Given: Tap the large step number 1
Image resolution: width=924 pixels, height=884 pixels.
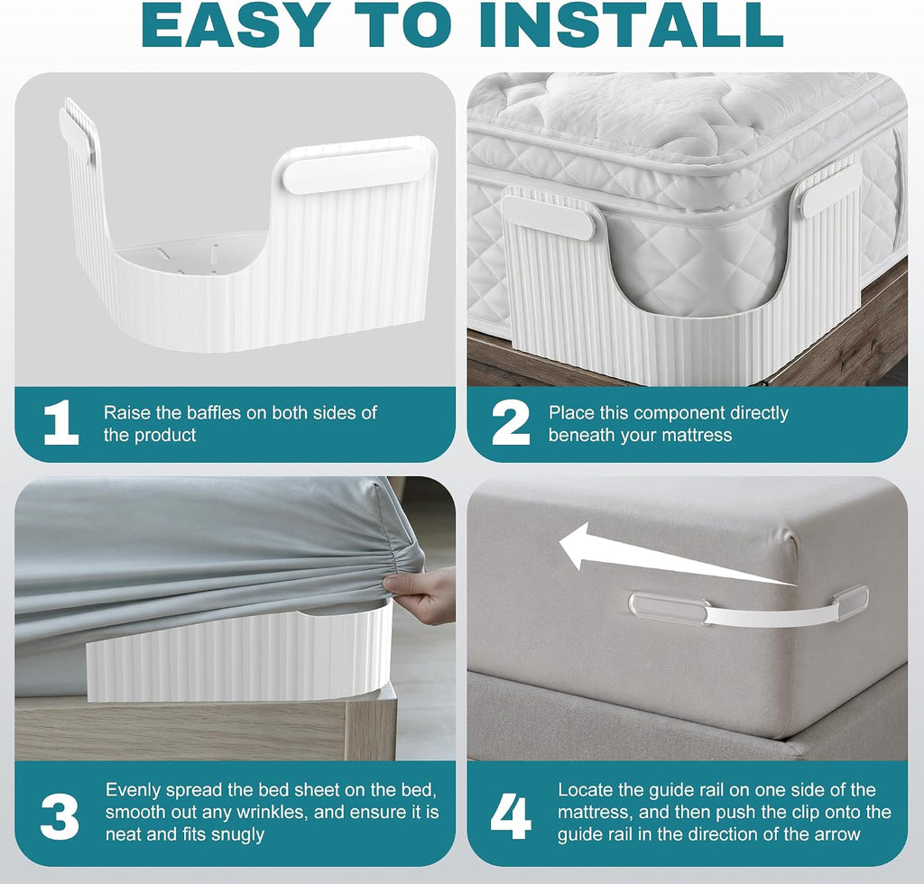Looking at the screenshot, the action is pos(61,422).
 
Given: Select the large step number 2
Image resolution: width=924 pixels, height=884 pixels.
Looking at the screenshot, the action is pos(511,422).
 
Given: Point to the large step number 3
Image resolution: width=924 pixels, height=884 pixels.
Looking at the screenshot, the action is pos(60,817).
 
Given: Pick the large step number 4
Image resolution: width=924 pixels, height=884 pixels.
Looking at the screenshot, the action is pos(511,817).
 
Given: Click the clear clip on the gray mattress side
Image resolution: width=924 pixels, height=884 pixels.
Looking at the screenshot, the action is pos(669,608).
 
